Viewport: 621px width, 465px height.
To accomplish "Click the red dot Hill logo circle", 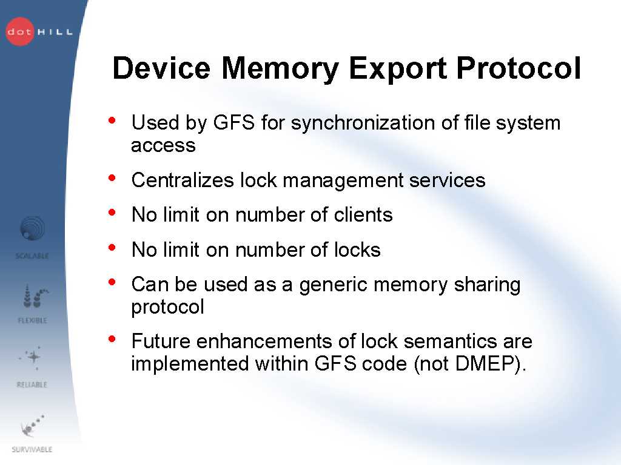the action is pos(20,31).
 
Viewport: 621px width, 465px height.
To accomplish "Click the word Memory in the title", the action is pos(280,69).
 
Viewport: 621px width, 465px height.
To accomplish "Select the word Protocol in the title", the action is pos(519,68).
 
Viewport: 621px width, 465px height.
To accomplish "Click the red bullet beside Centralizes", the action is pos(112,178).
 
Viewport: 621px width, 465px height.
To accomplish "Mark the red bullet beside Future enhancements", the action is pos(112,339).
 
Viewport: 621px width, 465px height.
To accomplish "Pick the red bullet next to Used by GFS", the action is pos(112,120).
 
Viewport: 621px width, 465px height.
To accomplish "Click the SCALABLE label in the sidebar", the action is pos(32,256).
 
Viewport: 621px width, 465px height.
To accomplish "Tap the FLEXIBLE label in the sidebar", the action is pos(33,320).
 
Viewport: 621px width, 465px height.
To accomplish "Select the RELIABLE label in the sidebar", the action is pos(32,384).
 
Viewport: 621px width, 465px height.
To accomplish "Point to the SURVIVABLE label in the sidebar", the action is pos(32,449).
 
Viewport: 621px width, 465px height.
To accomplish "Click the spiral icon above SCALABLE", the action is pos(33,228).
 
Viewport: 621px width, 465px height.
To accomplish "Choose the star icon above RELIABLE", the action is pos(33,357).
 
